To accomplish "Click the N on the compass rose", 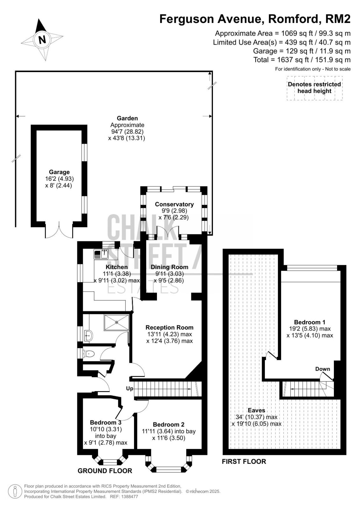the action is click(42, 40).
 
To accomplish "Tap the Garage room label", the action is click(59, 172).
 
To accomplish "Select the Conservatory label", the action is click(174, 204).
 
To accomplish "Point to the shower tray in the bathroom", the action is click(117, 322).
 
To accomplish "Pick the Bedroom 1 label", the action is click(309, 322).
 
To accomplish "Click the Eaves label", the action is click(257, 410).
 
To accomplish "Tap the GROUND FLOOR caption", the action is click(105, 471).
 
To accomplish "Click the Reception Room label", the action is click(169, 327).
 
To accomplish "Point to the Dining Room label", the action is click(170, 267).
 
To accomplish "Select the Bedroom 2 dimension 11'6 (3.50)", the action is click(169, 438).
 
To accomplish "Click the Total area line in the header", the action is click(302, 60).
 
